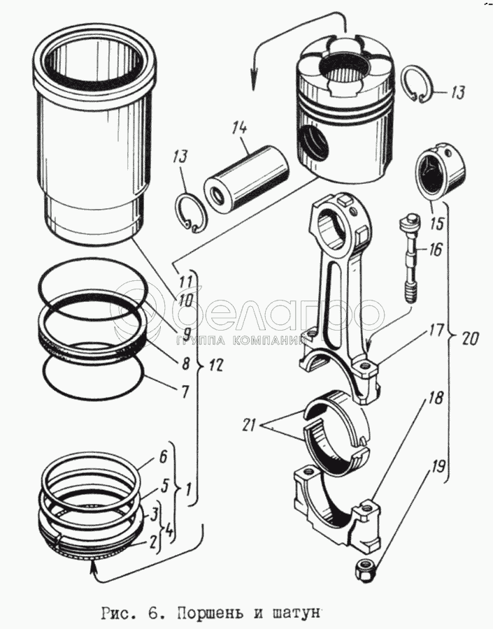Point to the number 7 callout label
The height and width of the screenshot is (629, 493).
pos(185,392)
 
